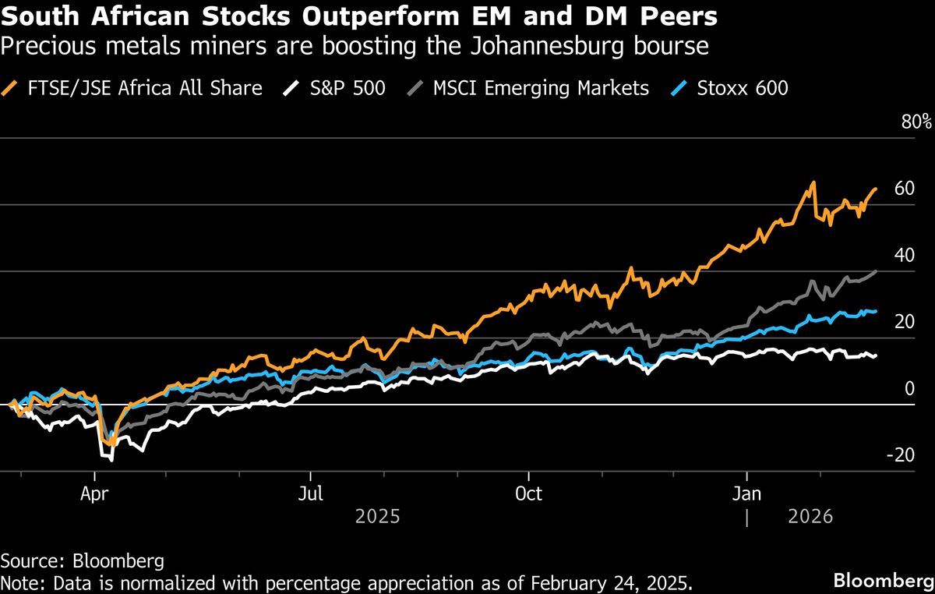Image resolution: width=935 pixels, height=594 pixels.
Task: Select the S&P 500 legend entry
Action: coord(342,88)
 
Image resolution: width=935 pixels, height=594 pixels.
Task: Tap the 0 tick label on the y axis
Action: coord(908,388)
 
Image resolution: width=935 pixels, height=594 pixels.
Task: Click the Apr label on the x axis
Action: coord(94,493)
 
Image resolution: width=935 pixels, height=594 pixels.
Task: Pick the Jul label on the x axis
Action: coord(311,493)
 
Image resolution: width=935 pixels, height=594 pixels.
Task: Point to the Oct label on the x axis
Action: coord(528,493)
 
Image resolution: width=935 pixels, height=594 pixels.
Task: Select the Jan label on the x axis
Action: coord(747,493)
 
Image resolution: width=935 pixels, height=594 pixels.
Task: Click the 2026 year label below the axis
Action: coord(811,516)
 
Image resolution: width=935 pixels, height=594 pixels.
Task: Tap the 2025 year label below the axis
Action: coord(377,516)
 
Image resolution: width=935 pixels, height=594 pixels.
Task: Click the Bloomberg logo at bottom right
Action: coord(880,580)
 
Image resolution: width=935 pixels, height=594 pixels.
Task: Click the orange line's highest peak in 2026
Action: coord(813,182)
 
